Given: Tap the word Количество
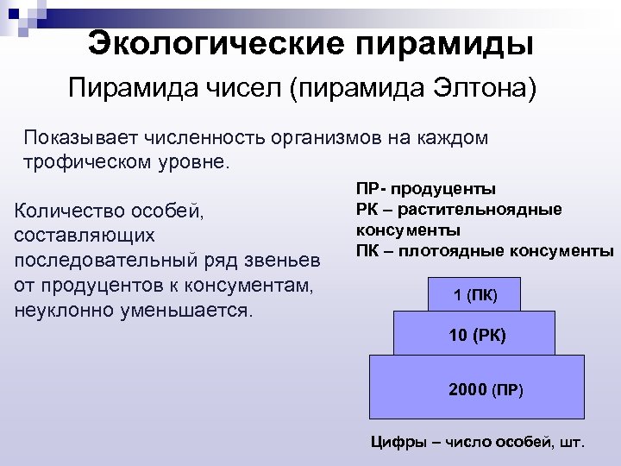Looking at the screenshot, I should (70, 211).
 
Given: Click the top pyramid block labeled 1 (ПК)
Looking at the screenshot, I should (474, 296).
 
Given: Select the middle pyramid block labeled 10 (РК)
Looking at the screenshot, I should (475, 333).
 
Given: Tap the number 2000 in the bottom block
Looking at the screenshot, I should (467, 389).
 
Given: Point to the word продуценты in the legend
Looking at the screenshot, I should (455, 189).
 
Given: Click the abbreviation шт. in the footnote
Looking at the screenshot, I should (571, 443).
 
